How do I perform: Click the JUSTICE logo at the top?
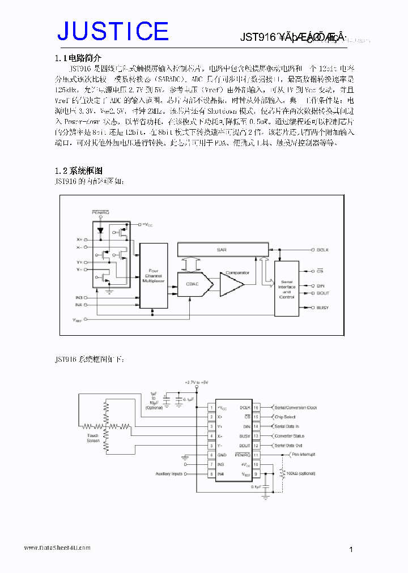[113, 31]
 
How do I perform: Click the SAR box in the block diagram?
[222, 249]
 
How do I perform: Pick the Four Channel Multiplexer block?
[153, 277]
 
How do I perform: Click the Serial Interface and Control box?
[287, 288]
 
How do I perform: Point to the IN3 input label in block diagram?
[79, 297]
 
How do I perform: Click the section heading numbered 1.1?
[78, 58]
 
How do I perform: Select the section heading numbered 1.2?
[78, 170]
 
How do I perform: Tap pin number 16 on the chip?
[256, 407]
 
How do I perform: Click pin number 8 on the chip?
[211, 474]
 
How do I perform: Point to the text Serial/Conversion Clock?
[295, 407]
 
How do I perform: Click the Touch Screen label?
[93, 438]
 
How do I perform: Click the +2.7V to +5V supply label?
[197, 383]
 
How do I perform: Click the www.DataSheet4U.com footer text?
[57, 548]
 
